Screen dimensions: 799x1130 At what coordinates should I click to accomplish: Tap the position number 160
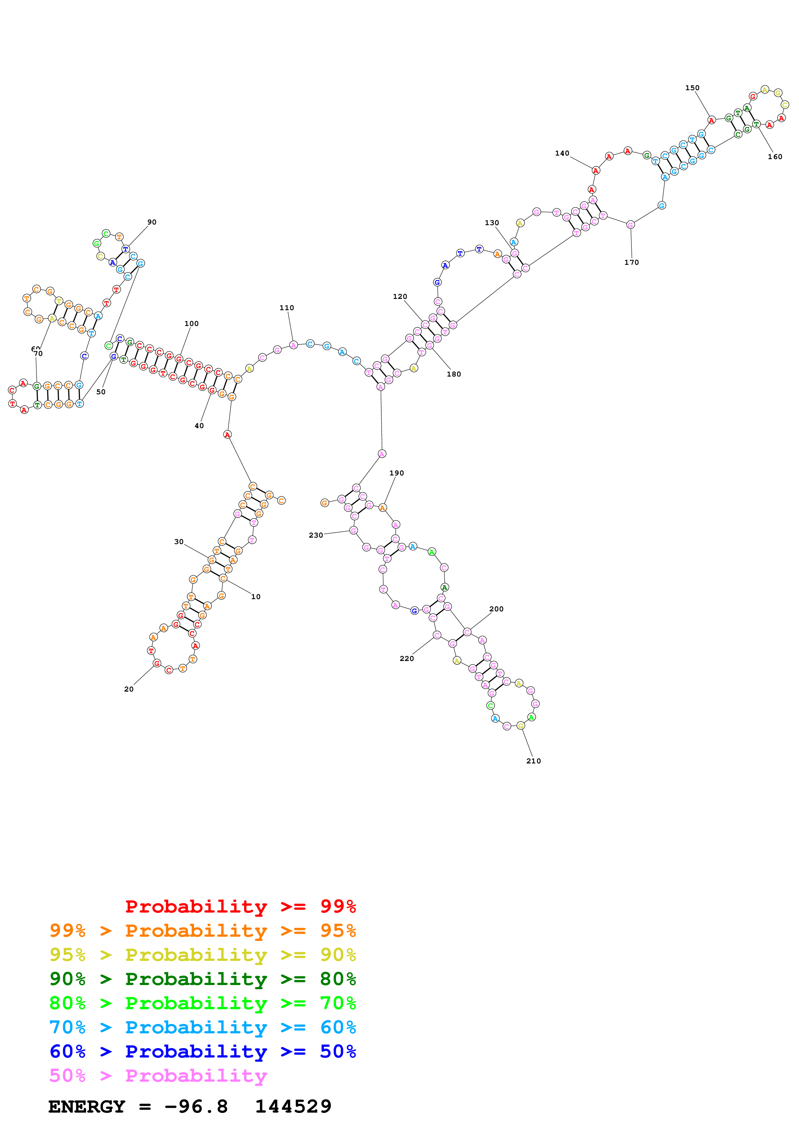[775, 157]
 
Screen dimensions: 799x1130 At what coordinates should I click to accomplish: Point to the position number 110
[287, 308]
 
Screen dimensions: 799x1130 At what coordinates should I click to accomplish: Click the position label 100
[191, 323]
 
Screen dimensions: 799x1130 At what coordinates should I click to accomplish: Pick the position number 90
[151, 222]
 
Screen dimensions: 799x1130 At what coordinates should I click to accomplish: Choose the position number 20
[129, 689]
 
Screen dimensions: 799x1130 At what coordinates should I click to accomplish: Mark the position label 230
[316, 535]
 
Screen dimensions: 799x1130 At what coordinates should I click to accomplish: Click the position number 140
[562, 153]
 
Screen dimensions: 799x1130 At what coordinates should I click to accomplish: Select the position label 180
[453, 374]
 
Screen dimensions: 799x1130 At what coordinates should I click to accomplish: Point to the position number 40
[199, 426]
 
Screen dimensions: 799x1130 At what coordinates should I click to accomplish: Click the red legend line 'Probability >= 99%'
[240, 906]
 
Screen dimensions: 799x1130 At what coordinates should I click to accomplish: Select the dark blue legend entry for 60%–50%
[202, 1052]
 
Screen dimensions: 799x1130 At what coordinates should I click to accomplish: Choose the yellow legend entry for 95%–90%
[202, 955]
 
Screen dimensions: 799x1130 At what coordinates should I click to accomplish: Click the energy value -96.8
[196, 1107]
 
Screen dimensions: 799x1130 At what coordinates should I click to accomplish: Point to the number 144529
[293, 1107]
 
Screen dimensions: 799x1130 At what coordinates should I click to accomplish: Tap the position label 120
[400, 296]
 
